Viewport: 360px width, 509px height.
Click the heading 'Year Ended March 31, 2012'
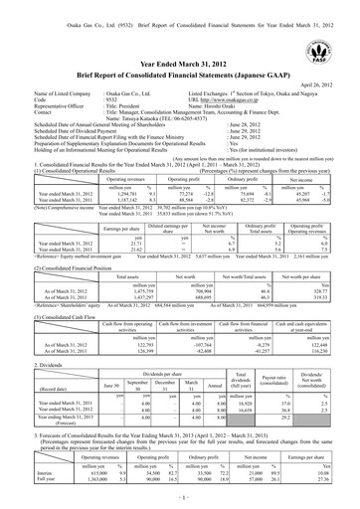(x=180, y=63)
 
